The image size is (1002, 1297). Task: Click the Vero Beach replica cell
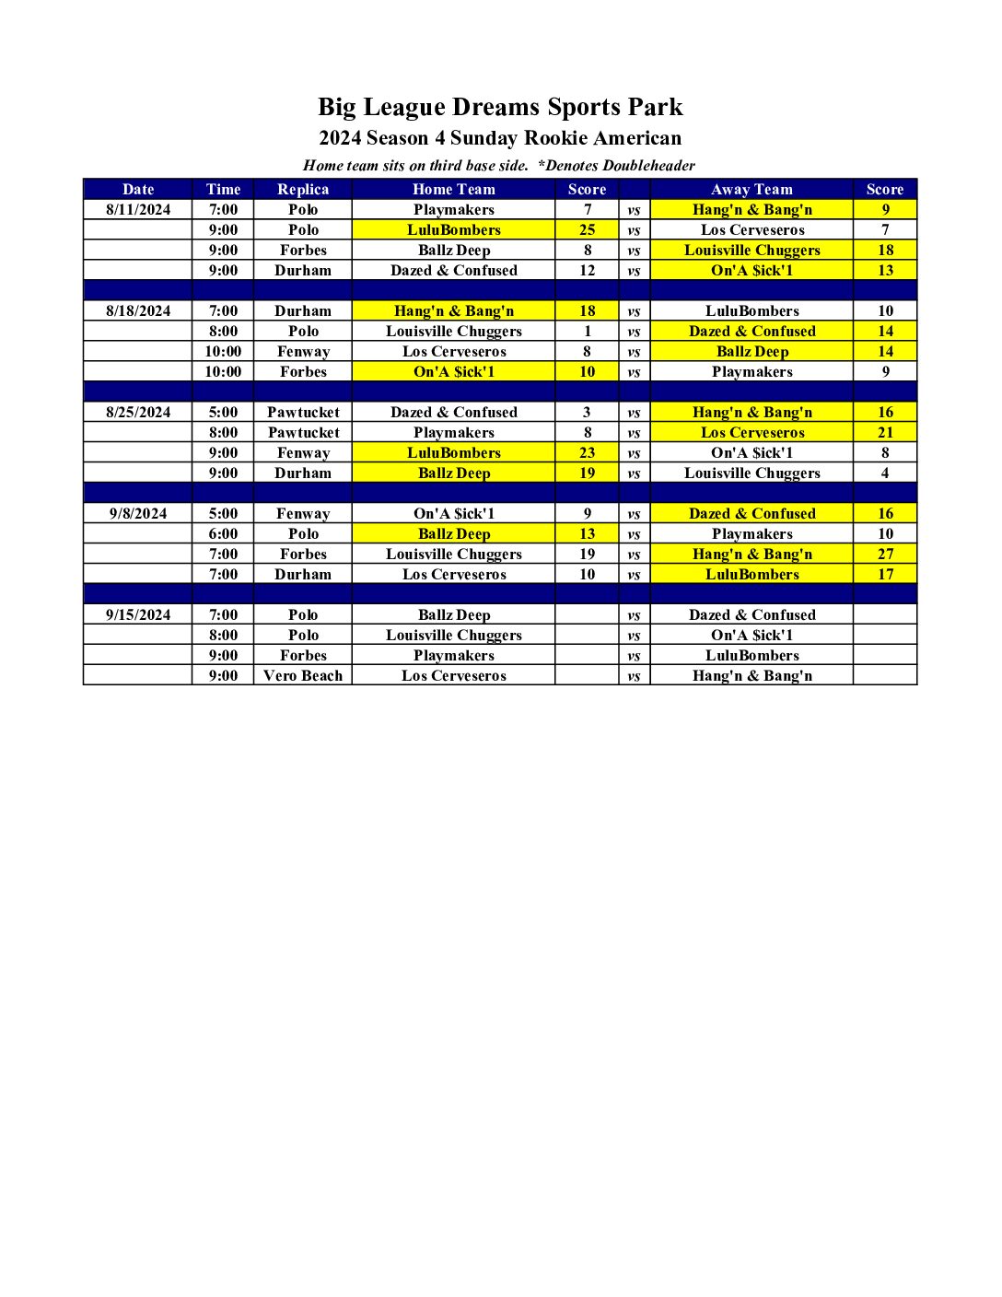[x=303, y=675]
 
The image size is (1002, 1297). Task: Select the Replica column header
[x=303, y=189]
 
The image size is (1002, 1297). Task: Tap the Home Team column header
[x=454, y=189]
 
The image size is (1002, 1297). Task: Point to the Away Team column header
[x=751, y=189]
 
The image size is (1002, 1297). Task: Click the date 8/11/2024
[x=138, y=209]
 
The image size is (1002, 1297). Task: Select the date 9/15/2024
[x=138, y=614]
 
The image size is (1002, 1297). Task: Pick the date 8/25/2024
[x=138, y=412]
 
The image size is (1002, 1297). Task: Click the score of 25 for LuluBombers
[x=588, y=229]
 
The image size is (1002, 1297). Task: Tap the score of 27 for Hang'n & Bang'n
[x=885, y=554]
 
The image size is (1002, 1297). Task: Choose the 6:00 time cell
[x=223, y=533]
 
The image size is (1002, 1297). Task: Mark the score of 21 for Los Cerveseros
[x=885, y=432]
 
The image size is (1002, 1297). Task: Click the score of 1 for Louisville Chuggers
[x=588, y=331]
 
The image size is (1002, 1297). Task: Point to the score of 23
[x=588, y=452]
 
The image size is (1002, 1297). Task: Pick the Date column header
[x=138, y=189]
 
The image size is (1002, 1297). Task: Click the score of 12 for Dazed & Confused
[x=588, y=270]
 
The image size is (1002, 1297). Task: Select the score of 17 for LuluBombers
[x=885, y=574]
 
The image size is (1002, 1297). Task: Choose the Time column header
[x=223, y=189]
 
